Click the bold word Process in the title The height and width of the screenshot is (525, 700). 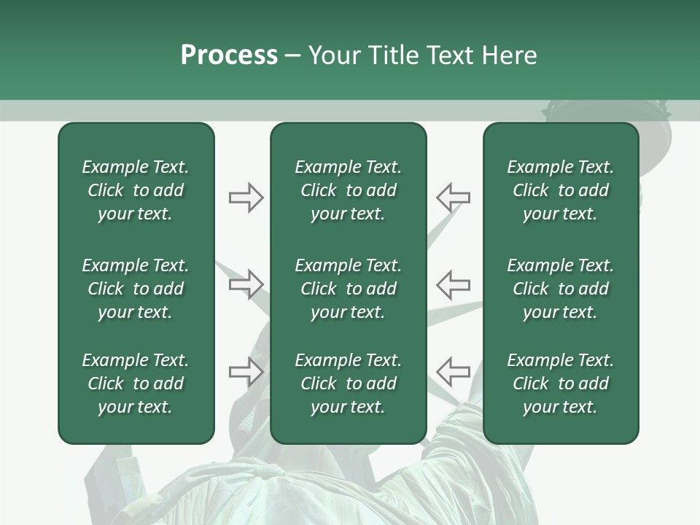229,55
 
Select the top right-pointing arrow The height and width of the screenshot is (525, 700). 246,198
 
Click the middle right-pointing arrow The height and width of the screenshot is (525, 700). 246,284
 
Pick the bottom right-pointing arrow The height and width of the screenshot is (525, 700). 246,372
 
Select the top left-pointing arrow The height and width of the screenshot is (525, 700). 453,198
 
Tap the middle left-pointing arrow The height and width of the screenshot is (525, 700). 453,284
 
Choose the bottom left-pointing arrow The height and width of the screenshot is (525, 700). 453,372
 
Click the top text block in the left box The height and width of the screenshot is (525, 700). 136,190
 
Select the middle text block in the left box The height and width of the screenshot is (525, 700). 136,289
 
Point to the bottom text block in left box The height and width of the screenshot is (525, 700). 136,384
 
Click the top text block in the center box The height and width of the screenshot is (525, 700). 348,190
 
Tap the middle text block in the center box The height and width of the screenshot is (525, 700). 348,289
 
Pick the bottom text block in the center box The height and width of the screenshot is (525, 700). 348,384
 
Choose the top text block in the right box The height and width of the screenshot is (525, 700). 560,190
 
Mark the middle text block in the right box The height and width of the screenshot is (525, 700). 560,289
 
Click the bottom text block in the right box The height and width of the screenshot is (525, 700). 560,384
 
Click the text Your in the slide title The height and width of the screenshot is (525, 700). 332,55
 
